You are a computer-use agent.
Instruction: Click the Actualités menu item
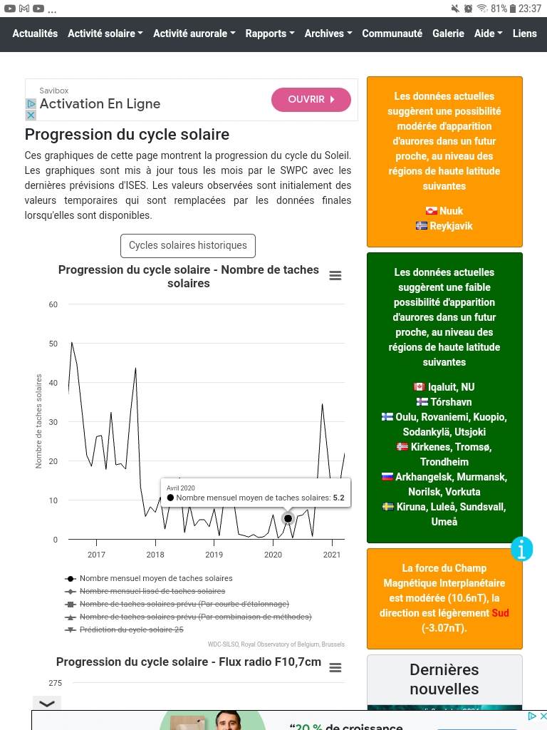click(35, 34)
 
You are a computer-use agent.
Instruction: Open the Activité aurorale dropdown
click(194, 34)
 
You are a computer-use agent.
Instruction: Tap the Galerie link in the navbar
click(448, 34)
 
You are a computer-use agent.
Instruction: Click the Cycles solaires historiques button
click(188, 245)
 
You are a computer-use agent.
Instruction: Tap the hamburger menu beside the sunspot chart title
click(335, 276)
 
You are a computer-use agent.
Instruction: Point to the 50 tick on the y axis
click(53, 344)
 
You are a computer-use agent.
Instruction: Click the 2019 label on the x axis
click(214, 554)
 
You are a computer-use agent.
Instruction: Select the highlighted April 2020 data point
click(288, 518)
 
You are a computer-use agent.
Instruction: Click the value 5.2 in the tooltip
click(338, 498)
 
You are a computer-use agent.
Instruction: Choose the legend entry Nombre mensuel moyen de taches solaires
click(156, 578)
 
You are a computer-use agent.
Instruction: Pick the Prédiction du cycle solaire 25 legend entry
click(131, 629)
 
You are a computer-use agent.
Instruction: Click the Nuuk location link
click(451, 211)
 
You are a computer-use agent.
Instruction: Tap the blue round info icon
click(522, 548)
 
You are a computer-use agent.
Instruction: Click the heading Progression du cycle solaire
click(127, 134)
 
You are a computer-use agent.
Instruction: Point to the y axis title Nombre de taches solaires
click(39, 421)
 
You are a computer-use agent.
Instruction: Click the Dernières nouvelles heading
click(444, 679)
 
